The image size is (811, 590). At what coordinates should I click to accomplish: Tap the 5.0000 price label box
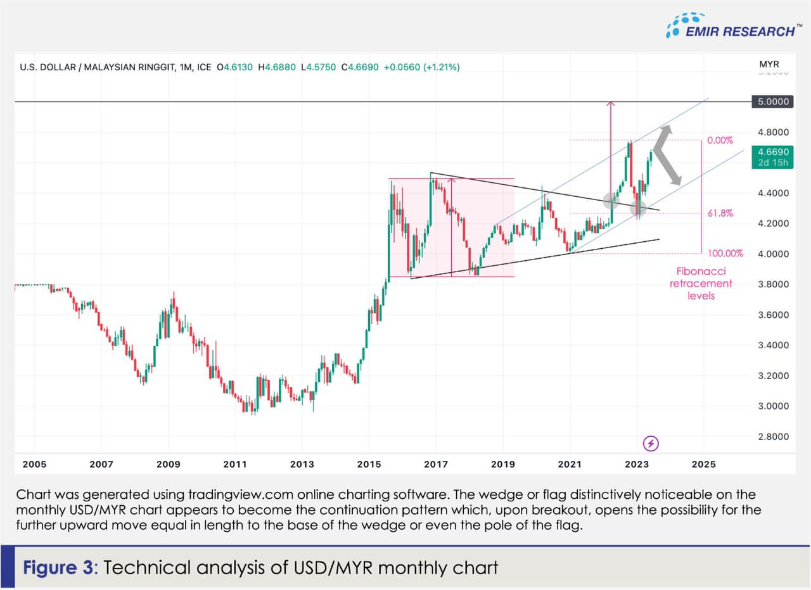click(769, 101)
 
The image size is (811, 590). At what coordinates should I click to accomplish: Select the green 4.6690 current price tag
click(769, 157)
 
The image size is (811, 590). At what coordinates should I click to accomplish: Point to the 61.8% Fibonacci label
click(720, 213)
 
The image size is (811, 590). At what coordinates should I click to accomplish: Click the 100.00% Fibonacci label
click(724, 253)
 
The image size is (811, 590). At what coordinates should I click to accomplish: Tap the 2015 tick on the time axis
click(369, 464)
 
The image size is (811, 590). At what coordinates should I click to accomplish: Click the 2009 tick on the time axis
click(168, 464)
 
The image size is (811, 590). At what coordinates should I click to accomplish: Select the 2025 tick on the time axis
click(704, 464)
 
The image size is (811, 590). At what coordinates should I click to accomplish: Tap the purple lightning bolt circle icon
click(651, 443)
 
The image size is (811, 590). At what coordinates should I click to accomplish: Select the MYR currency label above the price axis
click(769, 65)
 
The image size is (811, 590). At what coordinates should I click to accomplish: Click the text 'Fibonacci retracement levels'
click(701, 283)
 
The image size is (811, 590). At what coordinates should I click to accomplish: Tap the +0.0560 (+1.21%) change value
click(421, 66)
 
